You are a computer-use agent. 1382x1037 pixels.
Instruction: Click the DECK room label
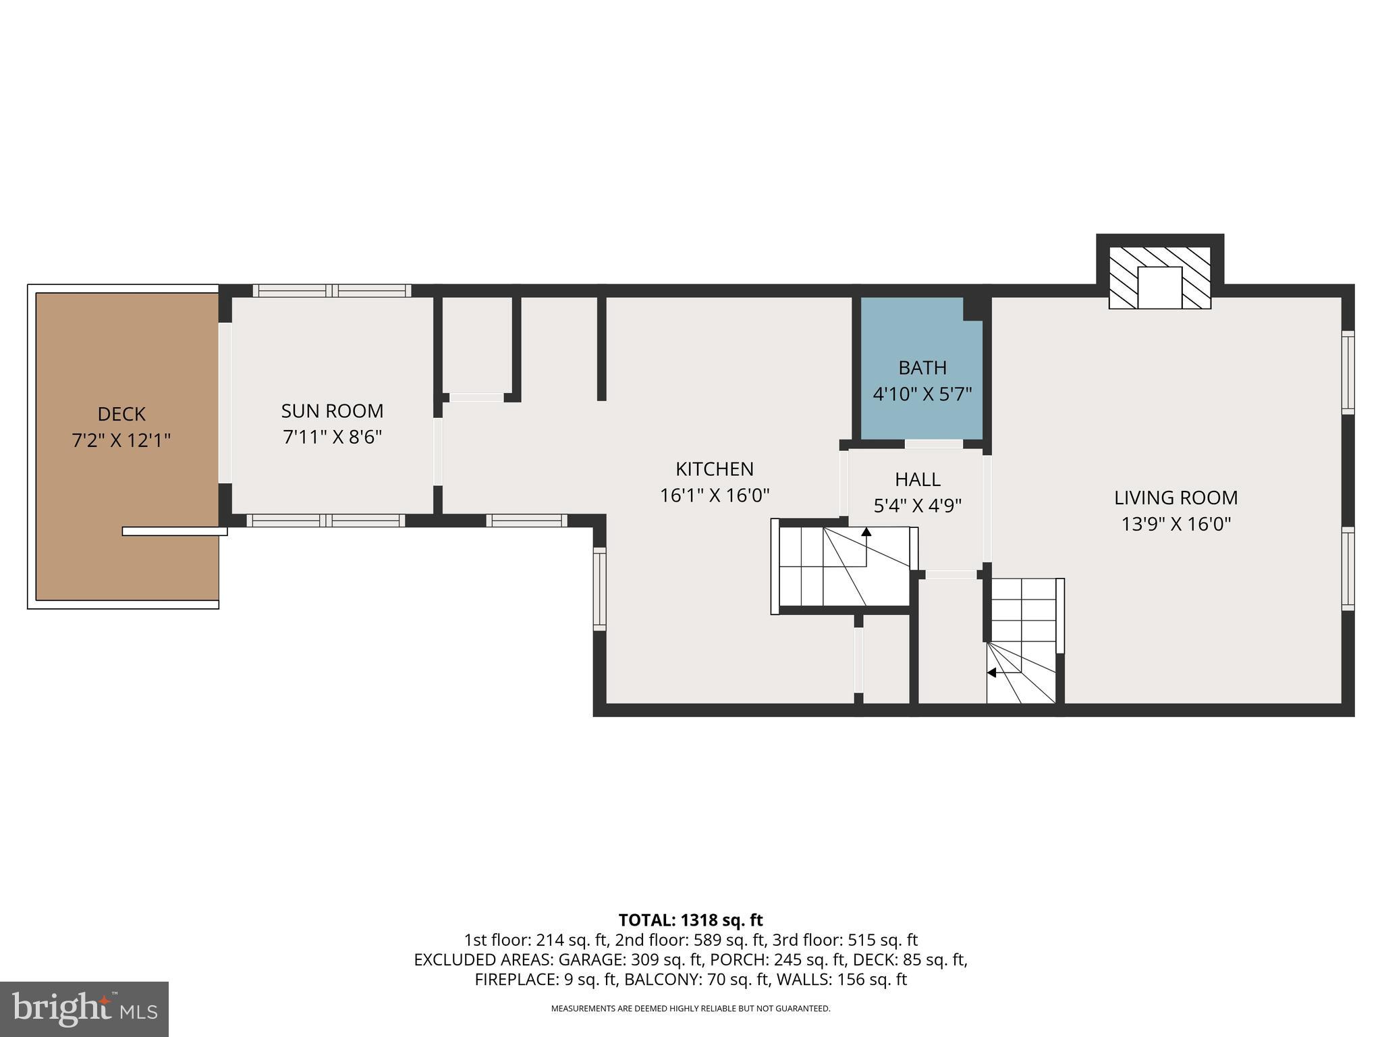coord(121,414)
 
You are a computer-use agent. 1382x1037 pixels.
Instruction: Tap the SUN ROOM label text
coord(332,411)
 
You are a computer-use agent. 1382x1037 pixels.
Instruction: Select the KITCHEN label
coord(715,469)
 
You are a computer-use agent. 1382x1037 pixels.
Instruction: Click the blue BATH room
coord(922,369)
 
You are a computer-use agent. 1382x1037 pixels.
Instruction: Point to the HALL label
coord(918,479)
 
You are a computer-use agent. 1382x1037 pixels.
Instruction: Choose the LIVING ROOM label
coord(1176,498)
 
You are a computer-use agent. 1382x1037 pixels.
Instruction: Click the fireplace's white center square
coord(1160,288)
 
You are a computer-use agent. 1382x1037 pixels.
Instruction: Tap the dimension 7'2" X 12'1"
coord(121,441)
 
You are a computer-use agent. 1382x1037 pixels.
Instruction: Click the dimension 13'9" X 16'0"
coord(1176,525)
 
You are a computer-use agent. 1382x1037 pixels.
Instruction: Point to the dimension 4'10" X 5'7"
coord(922,394)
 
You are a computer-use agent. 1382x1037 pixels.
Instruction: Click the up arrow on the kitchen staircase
coord(866,532)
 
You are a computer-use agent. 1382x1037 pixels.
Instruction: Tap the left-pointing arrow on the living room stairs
coord(991,672)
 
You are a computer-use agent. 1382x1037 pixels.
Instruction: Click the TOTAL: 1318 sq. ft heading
coord(690,920)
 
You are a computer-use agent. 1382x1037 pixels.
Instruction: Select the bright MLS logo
coord(84,1009)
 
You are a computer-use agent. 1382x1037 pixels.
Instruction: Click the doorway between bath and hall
coord(934,444)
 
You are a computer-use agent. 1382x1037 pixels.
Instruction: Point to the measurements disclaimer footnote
coord(690,1009)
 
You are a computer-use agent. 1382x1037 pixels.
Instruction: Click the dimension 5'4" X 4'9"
coord(918,506)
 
